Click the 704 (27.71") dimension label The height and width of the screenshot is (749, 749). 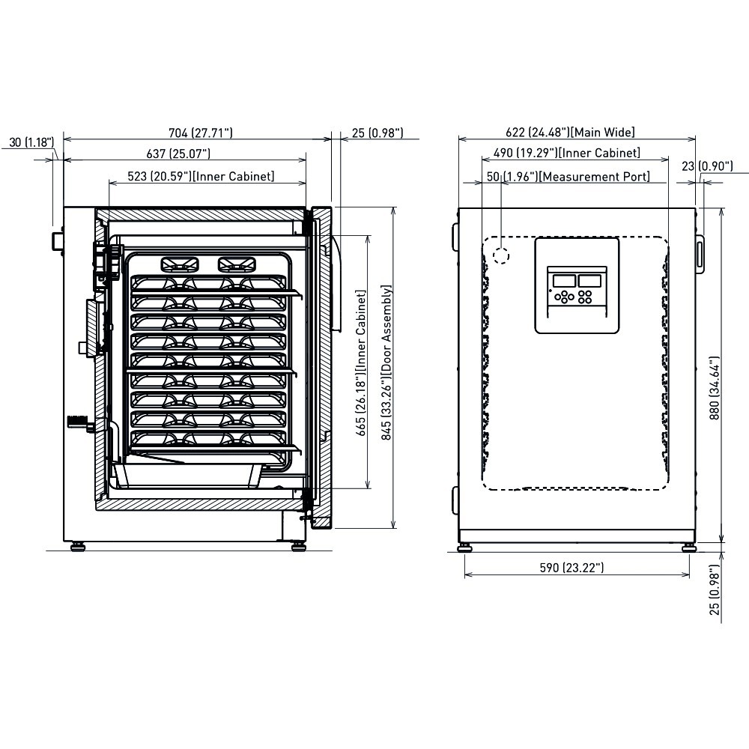click(x=201, y=133)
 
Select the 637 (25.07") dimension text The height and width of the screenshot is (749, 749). click(x=178, y=154)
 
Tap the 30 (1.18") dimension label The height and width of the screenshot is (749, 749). click(x=31, y=142)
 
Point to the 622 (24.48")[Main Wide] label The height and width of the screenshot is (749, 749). click(x=570, y=132)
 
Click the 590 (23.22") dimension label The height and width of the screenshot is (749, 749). click(x=571, y=568)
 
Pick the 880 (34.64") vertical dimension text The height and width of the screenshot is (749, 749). click(x=714, y=388)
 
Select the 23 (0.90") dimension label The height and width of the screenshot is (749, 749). click(x=707, y=166)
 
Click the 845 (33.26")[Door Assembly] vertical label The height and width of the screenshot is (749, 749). click(x=386, y=363)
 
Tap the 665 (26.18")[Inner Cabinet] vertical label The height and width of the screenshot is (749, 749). click(x=361, y=363)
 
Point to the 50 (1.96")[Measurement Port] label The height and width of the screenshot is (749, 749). click(x=568, y=176)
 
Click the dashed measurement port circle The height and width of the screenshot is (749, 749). click(x=501, y=255)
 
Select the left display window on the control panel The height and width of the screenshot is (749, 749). click(x=564, y=280)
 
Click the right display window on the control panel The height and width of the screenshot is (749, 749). click(x=589, y=280)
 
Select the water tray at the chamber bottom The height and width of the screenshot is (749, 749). click(x=187, y=475)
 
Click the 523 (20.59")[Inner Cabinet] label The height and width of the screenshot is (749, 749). click(x=201, y=176)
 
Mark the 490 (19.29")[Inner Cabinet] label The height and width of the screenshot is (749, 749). click(x=567, y=152)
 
